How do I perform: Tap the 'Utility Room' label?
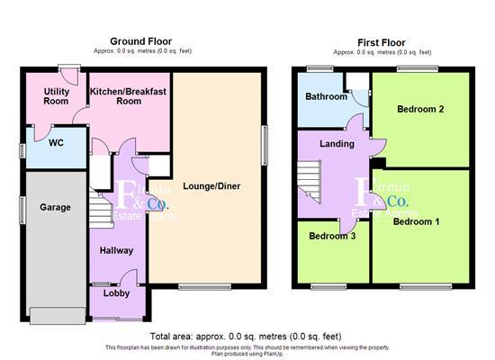click(56, 95)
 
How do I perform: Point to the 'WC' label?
click(55, 142)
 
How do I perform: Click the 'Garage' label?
click(55, 207)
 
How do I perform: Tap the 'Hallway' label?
click(116, 251)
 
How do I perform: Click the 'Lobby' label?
click(115, 293)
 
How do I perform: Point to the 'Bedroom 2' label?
click(420, 109)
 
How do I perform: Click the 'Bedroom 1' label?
click(416, 221)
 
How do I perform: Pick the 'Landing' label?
click(337, 144)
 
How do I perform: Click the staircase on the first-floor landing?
click(310, 178)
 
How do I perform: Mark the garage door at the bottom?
click(58, 315)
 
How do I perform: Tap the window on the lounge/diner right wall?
click(265, 144)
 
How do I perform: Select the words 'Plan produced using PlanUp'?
click(247, 354)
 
